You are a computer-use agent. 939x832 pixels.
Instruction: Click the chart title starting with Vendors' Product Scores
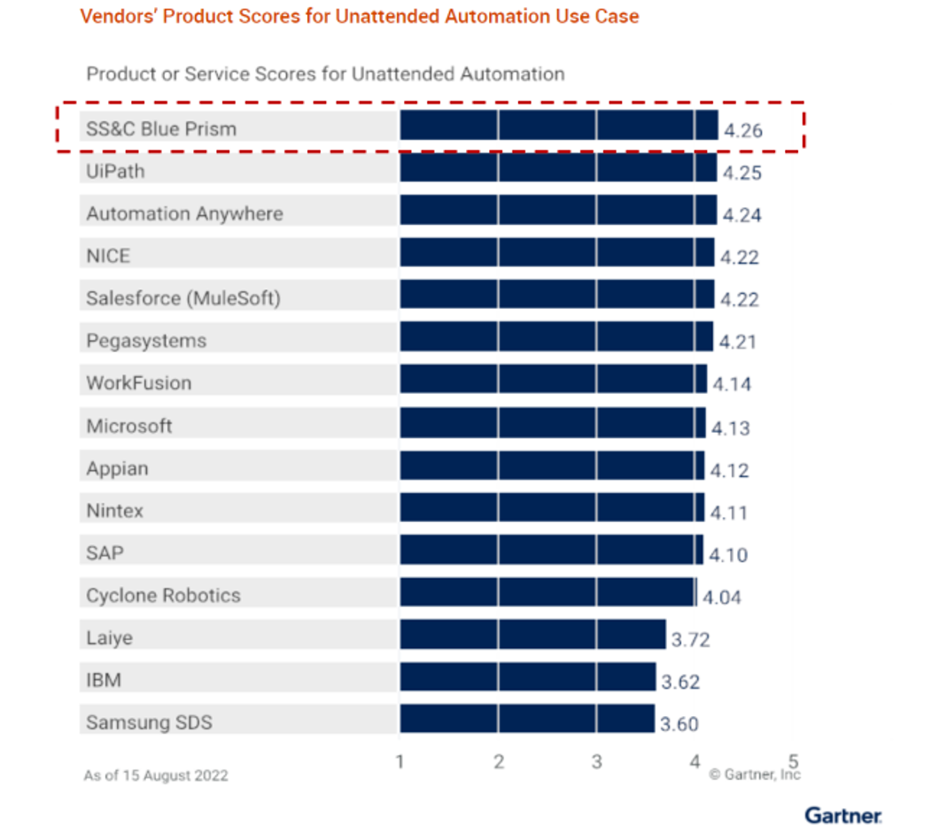click(359, 17)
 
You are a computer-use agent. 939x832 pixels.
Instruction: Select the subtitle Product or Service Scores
click(325, 73)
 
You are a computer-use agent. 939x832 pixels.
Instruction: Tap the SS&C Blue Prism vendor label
click(161, 128)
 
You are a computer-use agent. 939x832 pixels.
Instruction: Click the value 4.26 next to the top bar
click(742, 131)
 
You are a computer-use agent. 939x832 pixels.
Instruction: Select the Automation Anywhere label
click(184, 213)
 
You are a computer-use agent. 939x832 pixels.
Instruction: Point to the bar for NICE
click(556, 253)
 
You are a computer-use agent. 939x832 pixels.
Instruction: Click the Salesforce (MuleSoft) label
click(182, 298)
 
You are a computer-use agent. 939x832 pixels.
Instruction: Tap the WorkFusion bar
click(553, 380)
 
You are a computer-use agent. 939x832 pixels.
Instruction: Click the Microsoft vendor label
click(129, 426)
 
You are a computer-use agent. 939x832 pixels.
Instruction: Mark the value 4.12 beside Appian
click(729, 470)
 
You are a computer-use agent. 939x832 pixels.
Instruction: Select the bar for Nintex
click(551, 508)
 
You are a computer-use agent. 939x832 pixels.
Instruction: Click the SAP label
click(105, 553)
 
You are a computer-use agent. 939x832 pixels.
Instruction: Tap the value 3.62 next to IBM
click(680, 682)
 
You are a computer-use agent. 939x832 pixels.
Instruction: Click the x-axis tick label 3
click(596, 761)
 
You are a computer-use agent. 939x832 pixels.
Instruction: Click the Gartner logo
click(842, 814)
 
